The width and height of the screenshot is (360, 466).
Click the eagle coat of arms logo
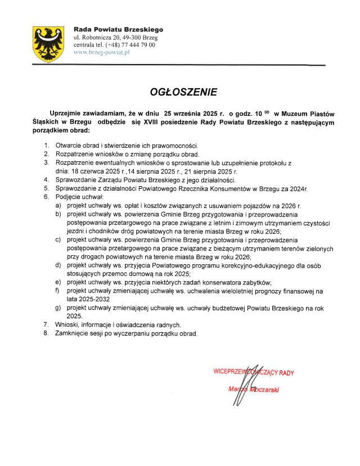pyautogui.click(x=48, y=44)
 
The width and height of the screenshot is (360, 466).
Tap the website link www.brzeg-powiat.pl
pyautogui.click(x=102, y=52)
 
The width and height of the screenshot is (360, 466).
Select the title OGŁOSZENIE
pyautogui.click(x=179, y=92)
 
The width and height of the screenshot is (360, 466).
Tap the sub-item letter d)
pyautogui.click(x=58, y=265)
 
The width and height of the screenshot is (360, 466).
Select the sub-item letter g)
pyautogui.click(x=58, y=308)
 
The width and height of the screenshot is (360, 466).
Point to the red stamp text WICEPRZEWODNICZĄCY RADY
pyautogui.click(x=253, y=372)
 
